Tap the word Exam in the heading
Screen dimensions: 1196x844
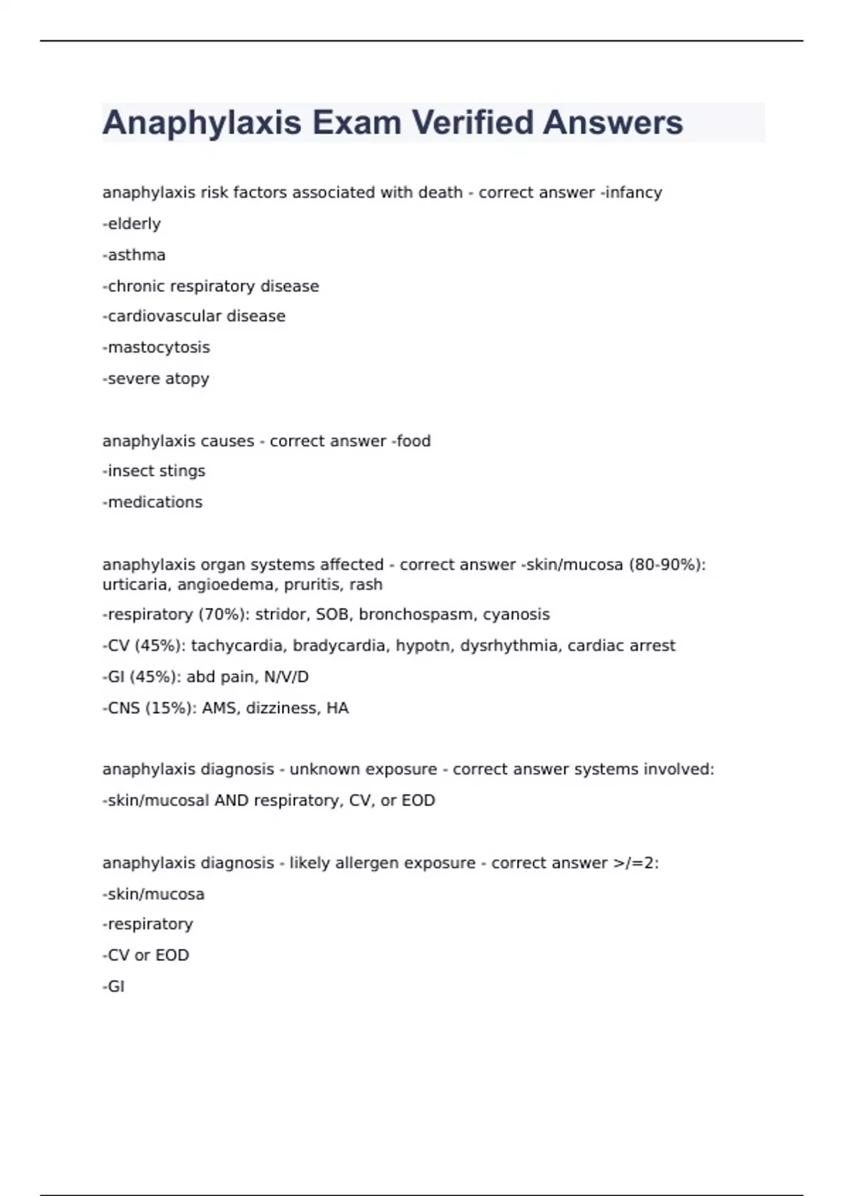click(x=357, y=122)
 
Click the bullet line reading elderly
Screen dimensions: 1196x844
click(x=132, y=224)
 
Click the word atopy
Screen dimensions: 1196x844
click(x=187, y=378)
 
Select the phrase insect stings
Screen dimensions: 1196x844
click(x=155, y=471)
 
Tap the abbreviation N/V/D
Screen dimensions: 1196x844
click(x=286, y=677)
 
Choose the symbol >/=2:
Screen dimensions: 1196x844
click(x=636, y=863)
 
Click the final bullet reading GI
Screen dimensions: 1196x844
click(x=115, y=986)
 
